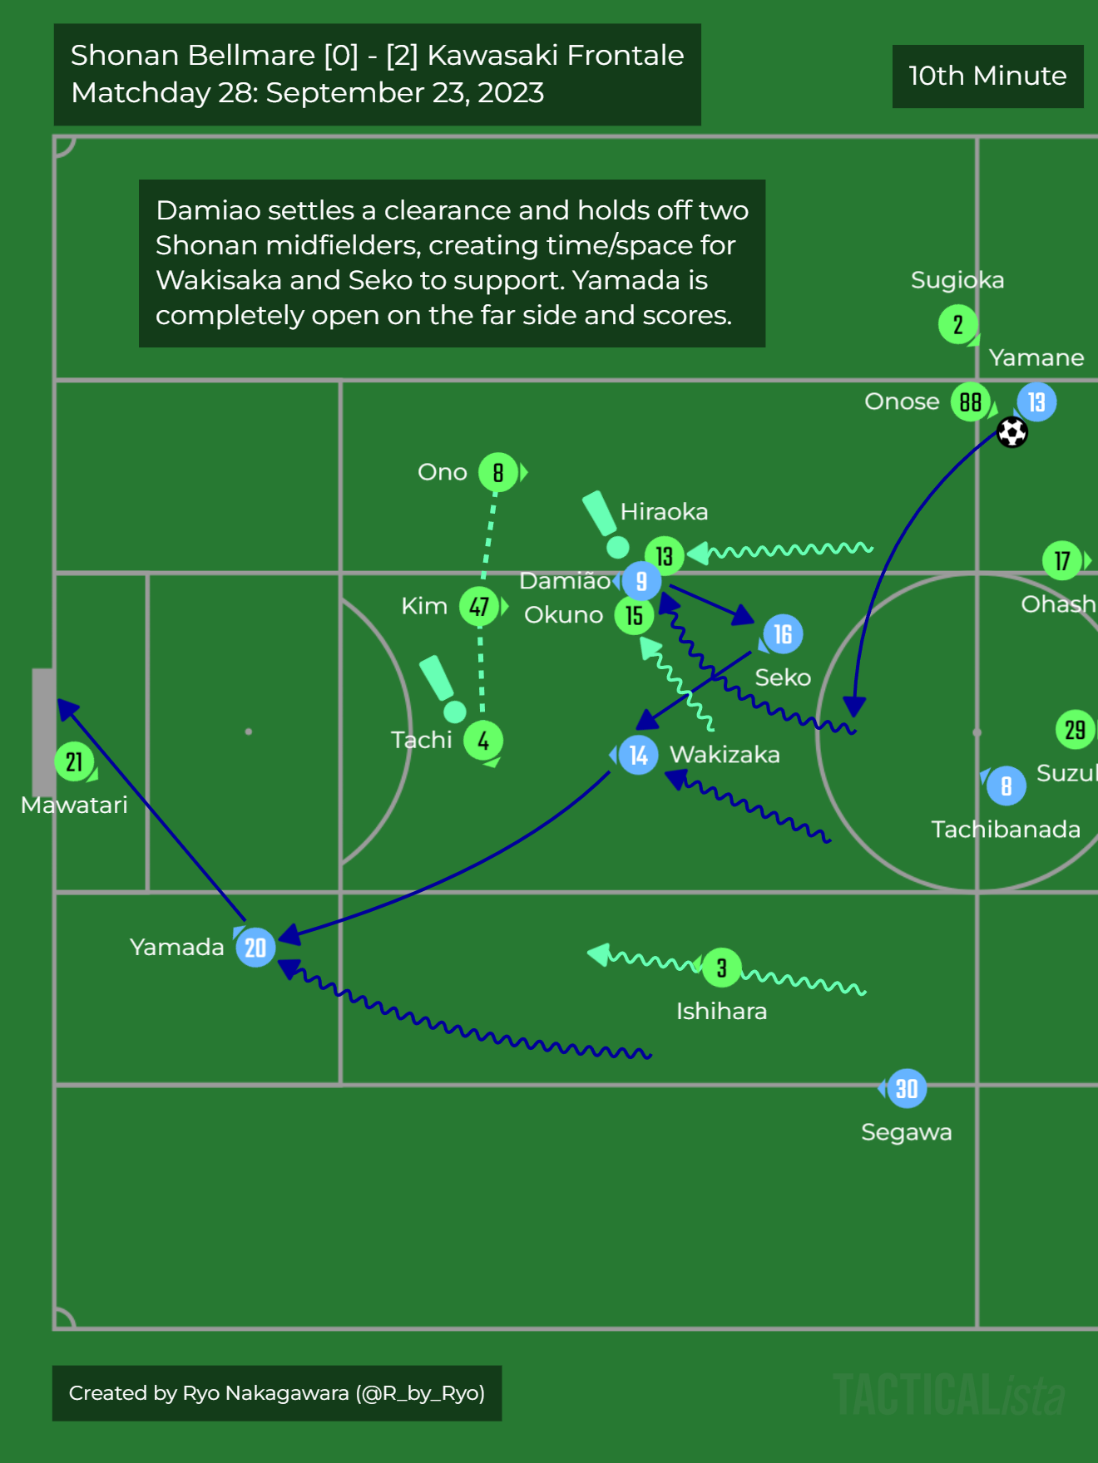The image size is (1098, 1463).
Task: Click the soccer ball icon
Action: [1012, 432]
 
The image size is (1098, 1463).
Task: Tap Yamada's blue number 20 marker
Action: [255, 947]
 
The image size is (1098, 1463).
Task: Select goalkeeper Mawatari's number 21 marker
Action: [74, 761]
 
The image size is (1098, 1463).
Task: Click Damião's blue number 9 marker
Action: [641, 581]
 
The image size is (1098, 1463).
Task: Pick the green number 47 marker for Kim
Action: [479, 606]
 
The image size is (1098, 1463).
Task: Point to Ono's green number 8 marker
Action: [497, 473]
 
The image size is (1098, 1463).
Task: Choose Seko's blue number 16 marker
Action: [783, 634]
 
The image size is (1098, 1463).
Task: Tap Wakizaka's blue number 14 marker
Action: [638, 755]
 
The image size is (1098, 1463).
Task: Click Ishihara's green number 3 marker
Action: [722, 968]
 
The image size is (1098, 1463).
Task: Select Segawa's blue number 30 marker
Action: [907, 1088]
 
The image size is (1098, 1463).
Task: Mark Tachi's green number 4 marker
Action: [483, 740]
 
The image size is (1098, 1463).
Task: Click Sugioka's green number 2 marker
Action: [958, 324]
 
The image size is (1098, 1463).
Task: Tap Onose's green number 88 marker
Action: [970, 402]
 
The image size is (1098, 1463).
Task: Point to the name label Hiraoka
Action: [664, 511]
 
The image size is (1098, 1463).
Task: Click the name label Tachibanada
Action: [1005, 829]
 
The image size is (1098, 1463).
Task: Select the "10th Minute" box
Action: [987, 76]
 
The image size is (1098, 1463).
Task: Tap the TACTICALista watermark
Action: [948, 1394]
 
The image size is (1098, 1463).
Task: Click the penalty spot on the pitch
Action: [249, 731]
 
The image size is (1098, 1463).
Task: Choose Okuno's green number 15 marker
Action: [634, 615]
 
